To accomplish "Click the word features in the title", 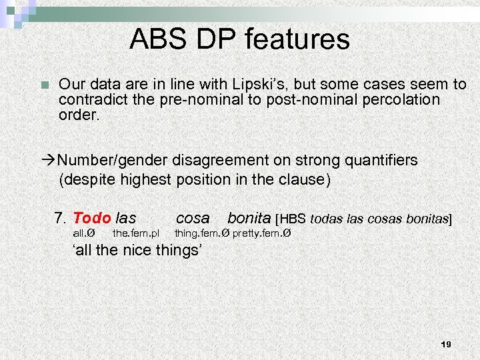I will [297, 39].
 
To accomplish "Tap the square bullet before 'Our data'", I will [45, 85].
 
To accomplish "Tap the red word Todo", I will [91, 218].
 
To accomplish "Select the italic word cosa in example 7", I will [193, 218].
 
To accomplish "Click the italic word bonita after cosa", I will [249, 218].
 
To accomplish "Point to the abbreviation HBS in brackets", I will [294, 219].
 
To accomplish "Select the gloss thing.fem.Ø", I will [201, 233].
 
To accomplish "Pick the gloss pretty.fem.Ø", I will [262, 233].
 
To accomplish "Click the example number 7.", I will [60, 218].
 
